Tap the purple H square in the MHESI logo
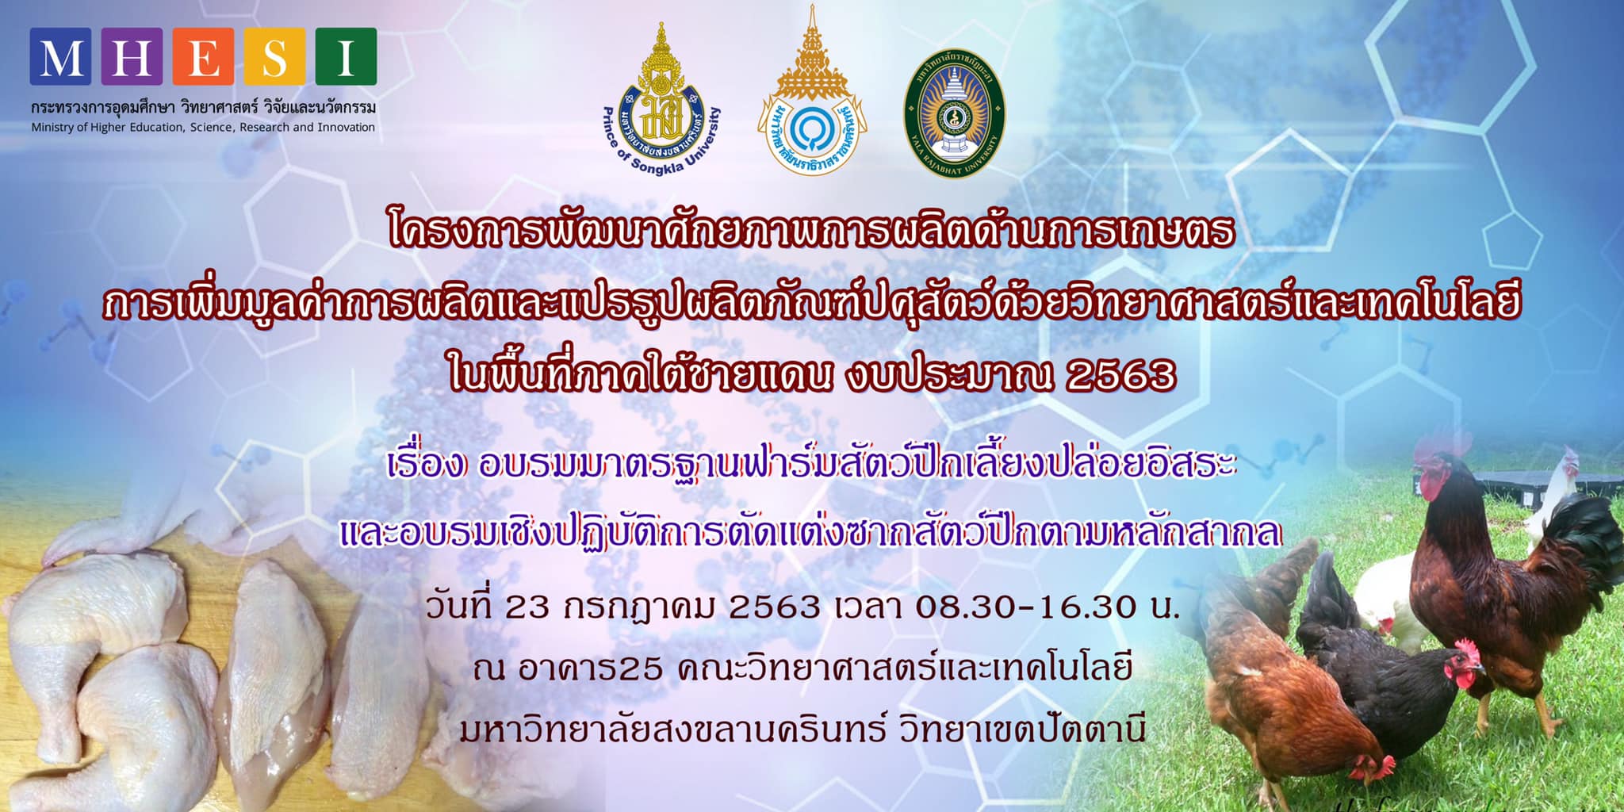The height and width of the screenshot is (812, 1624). click(x=132, y=56)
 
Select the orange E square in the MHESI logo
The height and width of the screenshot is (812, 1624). click(x=203, y=56)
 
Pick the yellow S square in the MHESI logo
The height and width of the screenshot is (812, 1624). click(x=274, y=56)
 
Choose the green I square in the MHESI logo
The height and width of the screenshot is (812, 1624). click(x=346, y=56)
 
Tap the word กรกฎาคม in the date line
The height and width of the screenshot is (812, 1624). click(x=639, y=608)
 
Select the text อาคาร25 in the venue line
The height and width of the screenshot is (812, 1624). click(x=589, y=669)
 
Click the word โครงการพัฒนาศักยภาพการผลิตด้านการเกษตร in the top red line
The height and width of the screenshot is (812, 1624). click(x=812, y=232)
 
